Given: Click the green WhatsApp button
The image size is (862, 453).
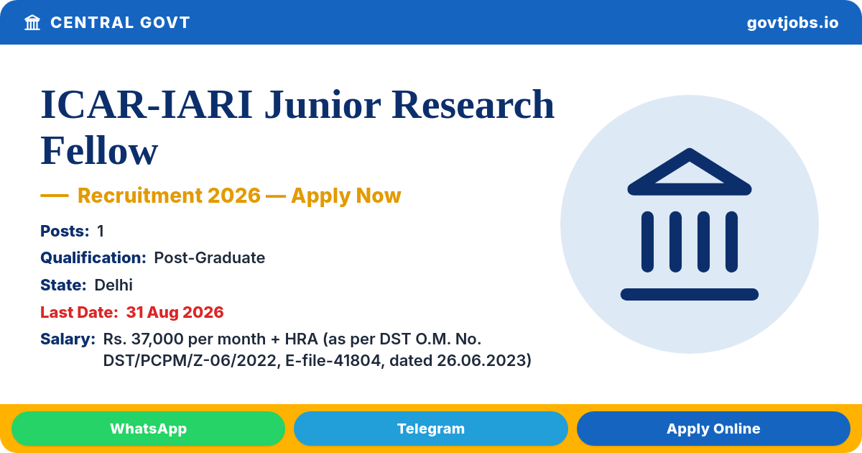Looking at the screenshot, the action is pyautogui.click(x=148, y=429).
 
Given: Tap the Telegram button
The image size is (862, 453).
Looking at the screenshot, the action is pyautogui.click(x=430, y=429).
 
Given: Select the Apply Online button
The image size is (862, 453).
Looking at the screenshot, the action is pyautogui.click(x=713, y=429).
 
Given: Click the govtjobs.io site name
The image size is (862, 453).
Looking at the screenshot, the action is pyautogui.click(x=792, y=23).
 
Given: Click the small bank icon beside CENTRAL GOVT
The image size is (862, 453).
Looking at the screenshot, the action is pyautogui.click(x=32, y=22).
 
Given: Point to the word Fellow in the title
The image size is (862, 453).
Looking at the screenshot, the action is pyautogui.click(x=99, y=150).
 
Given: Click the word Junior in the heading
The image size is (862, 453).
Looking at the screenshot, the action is pyautogui.click(x=323, y=105).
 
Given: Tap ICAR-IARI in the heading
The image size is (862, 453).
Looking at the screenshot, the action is pyautogui.click(x=147, y=105).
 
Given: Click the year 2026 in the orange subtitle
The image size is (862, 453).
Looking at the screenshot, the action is pyautogui.click(x=234, y=196).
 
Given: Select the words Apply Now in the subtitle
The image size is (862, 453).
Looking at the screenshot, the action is pyautogui.click(x=346, y=196).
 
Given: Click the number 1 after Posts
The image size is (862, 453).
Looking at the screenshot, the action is pyautogui.click(x=101, y=231).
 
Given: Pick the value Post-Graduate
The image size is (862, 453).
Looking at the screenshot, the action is pyautogui.click(x=209, y=257).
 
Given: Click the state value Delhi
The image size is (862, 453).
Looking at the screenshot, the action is pyautogui.click(x=113, y=285).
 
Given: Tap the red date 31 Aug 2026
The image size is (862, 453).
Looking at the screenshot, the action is pyautogui.click(x=175, y=312).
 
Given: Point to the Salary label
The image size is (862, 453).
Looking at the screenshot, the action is pyautogui.click(x=68, y=339).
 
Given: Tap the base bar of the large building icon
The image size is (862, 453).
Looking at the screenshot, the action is pyautogui.click(x=689, y=294).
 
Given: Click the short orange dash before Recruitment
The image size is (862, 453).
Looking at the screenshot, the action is pyautogui.click(x=55, y=196).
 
